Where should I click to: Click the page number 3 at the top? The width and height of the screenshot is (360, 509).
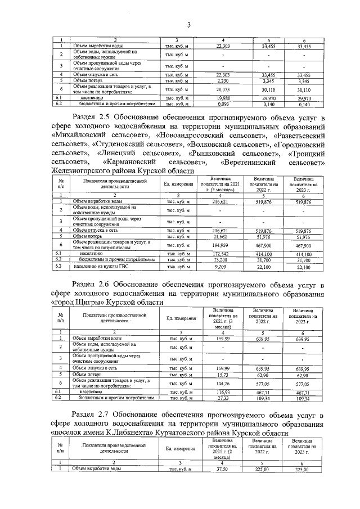click(189, 24)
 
